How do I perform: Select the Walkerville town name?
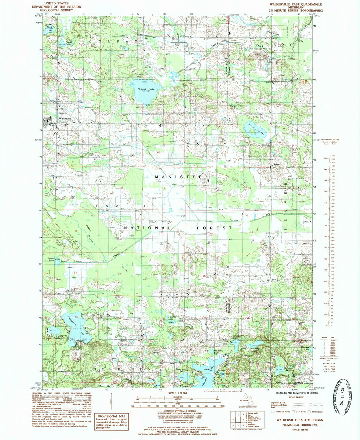point(65,118)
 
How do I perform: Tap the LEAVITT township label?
point(116,206)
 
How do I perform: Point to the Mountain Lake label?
point(255,350)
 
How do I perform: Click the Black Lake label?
point(50,28)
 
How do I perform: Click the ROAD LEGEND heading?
point(296,397)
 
